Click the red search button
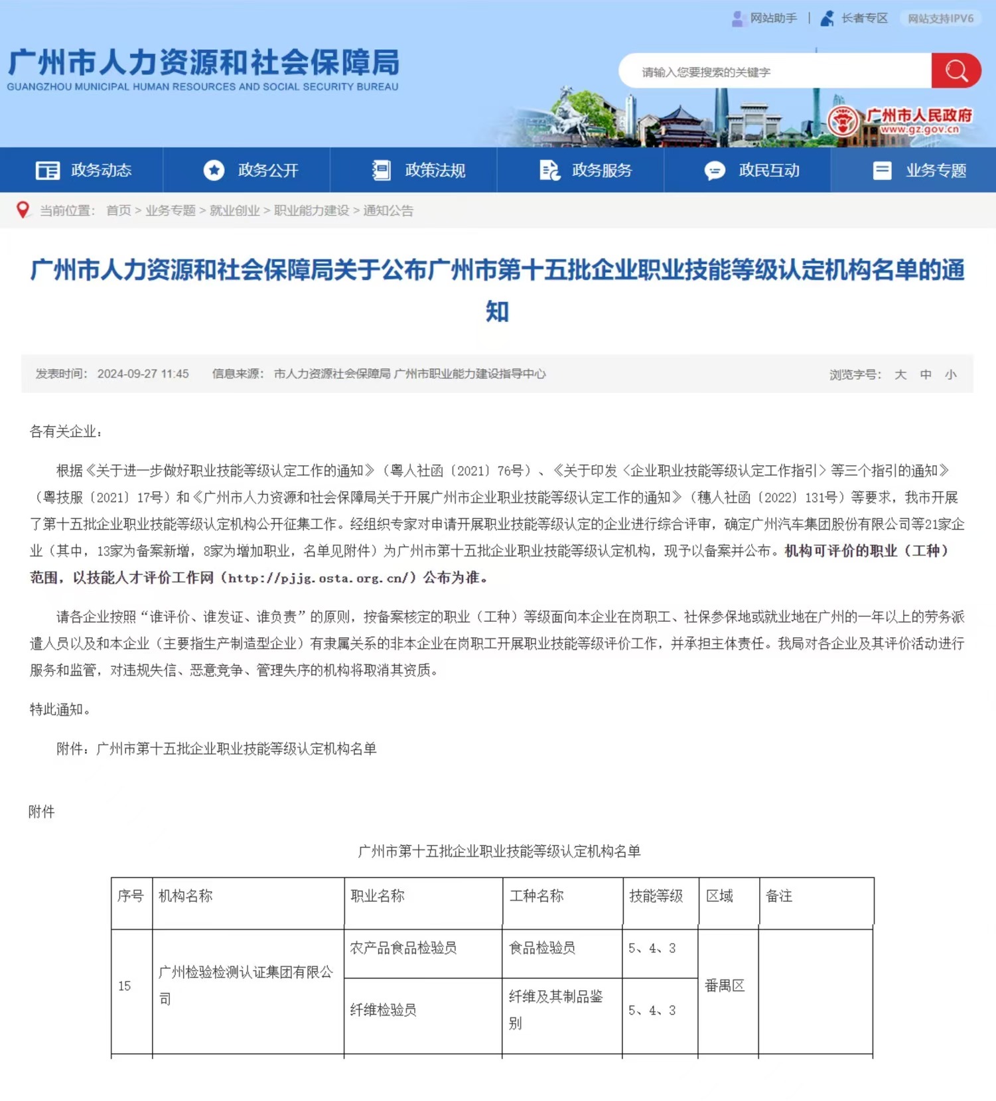click(x=956, y=70)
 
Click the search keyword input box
click(x=773, y=72)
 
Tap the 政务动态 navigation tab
click(x=84, y=171)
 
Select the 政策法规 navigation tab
click(x=418, y=171)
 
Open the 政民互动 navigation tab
click(x=752, y=171)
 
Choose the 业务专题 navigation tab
click(x=919, y=171)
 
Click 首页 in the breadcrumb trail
click(x=119, y=210)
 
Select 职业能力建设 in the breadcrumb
click(x=311, y=210)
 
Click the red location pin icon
click(x=23, y=210)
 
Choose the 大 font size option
click(x=900, y=374)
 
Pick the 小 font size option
click(x=951, y=374)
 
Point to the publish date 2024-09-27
click(x=143, y=374)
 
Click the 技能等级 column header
click(x=656, y=896)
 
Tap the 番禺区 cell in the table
click(x=725, y=986)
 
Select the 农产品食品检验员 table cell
click(x=403, y=948)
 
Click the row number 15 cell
click(x=125, y=986)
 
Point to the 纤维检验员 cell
click(x=384, y=1010)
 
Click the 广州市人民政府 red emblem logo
click(x=843, y=120)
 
